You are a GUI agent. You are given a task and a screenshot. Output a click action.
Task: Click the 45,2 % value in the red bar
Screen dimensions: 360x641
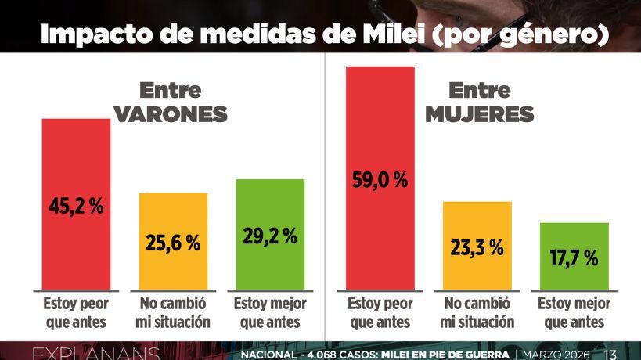tap(76, 207)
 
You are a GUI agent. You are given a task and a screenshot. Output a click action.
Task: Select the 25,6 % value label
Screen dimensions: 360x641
tap(173, 243)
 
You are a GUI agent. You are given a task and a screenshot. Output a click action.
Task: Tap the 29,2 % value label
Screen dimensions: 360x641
tap(270, 236)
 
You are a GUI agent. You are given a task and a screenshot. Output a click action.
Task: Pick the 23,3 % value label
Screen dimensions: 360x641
tap(477, 247)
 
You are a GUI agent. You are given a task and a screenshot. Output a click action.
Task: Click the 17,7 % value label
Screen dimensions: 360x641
tap(574, 257)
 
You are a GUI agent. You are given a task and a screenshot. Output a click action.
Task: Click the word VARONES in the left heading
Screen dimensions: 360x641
tap(171, 115)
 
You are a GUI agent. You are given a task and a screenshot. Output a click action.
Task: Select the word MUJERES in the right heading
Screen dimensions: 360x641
tap(480, 115)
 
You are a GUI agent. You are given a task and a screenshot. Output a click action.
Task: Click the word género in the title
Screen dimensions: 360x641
tap(546, 34)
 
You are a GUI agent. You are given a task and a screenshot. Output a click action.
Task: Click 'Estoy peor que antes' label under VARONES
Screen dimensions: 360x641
tap(76, 312)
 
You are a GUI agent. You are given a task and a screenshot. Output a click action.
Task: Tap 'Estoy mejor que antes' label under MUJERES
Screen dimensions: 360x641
tap(574, 312)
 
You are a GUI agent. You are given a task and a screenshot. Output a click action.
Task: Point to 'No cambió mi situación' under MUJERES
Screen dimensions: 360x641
tap(477, 312)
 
